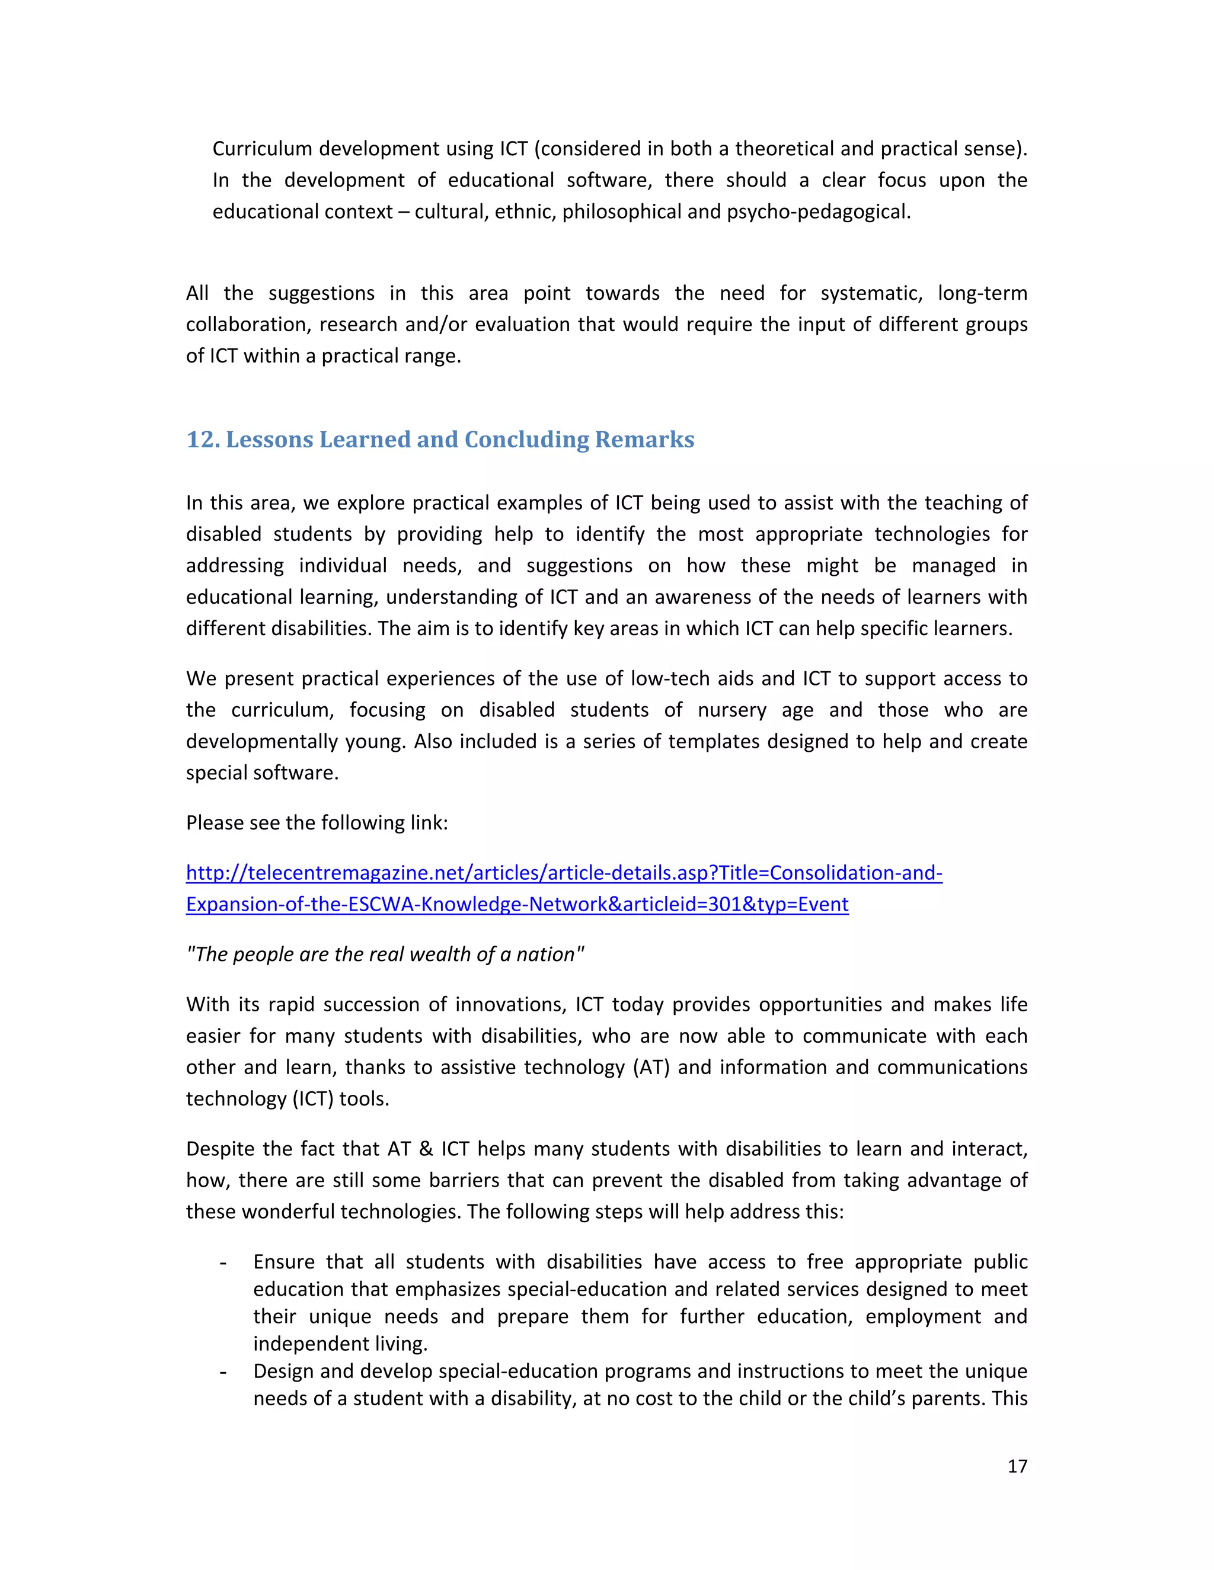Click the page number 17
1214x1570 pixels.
click(x=1017, y=1466)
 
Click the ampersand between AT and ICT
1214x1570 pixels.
click(x=426, y=1149)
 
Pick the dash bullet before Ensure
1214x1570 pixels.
click(x=223, y=1263)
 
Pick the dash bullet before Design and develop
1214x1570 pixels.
click(x=223, y=1372)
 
